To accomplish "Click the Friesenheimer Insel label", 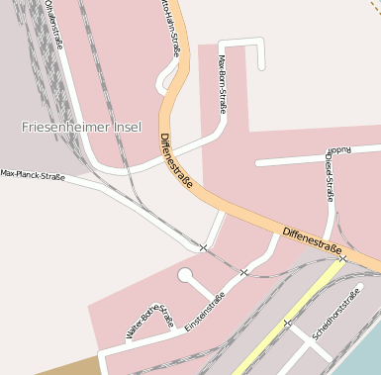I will (x=81, y=128).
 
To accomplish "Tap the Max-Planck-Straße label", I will (x=33, y=175).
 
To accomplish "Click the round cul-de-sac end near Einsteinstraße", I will (x=185, y=275).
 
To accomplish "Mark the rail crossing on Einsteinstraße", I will (x=243, y=272).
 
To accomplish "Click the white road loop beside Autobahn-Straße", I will (x=164, y=81).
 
